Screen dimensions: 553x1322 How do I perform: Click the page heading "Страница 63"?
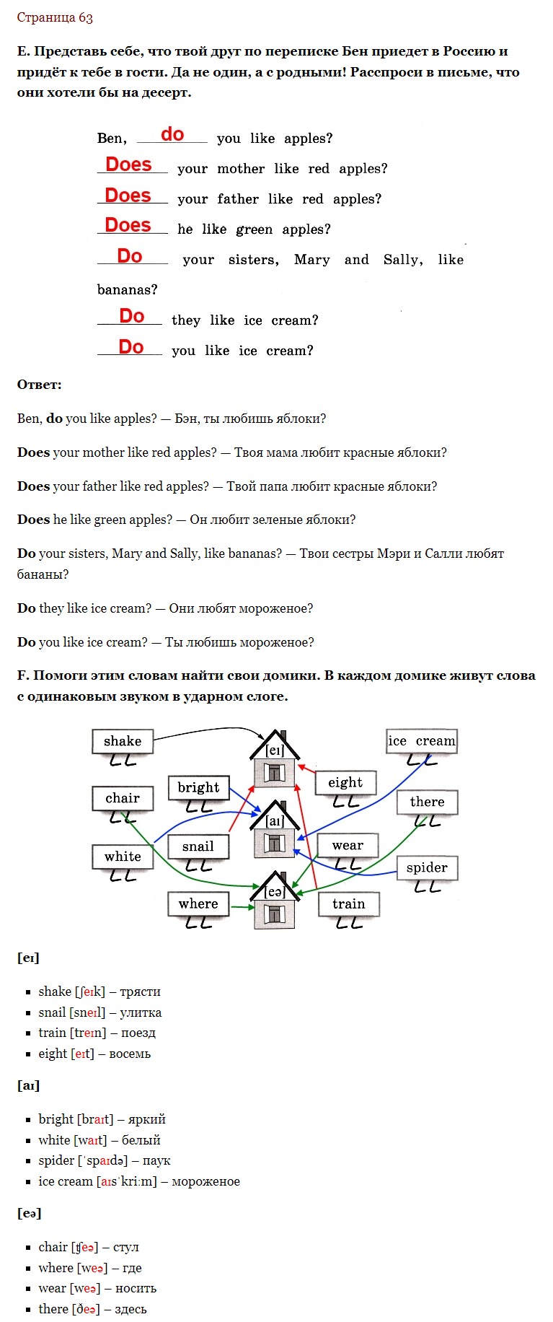pos(55,17)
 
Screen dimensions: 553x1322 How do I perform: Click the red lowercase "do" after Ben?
pos(172,134)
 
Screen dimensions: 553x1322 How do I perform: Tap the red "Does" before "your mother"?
pos(128,165)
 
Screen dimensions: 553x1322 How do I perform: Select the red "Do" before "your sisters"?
pos(130,256)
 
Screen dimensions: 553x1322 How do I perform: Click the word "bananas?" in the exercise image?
pos(127,289)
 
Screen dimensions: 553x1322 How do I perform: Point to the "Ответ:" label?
pos(39,385)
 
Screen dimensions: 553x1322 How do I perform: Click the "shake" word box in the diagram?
pos(123,741)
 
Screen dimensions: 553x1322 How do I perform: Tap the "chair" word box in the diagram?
pos(123,798)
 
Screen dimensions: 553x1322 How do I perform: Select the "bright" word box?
pos(198,787)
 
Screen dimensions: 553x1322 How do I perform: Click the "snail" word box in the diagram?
pos(198,846)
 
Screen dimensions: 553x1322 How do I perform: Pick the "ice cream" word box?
pos(422,741)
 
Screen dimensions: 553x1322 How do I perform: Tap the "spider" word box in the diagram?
pos(427,868)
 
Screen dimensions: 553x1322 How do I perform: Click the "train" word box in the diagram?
pos(349,904)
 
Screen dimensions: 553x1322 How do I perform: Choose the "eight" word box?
pos(346,783)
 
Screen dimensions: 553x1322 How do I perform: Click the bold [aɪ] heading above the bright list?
pos(28,1085)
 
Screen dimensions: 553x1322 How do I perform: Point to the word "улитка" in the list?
pos(141,1012)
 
